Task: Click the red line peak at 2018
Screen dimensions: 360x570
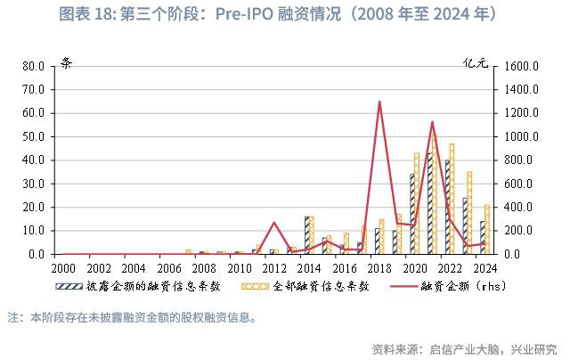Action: [x=379, y=102]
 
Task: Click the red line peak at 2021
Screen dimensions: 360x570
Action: [x=432, y=122]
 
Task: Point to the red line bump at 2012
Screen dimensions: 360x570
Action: [x=274, y=223]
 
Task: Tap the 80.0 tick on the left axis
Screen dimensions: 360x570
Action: [x=33, y=66]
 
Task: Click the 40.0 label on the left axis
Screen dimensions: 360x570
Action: [x=33, y=160]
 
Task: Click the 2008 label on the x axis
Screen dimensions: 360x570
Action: [x=204, y=267]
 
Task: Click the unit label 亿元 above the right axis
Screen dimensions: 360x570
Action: [x=476, y=62]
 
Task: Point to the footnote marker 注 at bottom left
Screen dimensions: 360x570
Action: [x=13, y=316]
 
